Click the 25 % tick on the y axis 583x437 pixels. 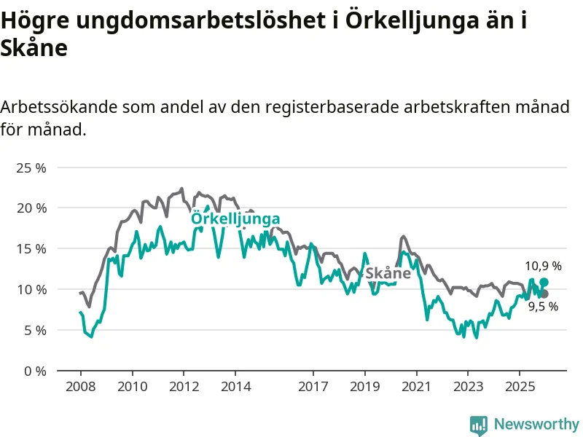[x=31, y=168]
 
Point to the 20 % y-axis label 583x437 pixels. [x=31, y=208]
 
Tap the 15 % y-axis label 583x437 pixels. [x=31, y=248]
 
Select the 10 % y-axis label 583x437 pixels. [x=31, y=289]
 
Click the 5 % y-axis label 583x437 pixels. [x=34, y=330]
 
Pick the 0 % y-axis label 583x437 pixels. [x=34, y=371]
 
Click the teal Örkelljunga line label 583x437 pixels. [x=235, y=219]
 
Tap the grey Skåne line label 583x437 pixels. [x=388, y=274]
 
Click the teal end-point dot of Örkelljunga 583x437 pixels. [x=544, y=282]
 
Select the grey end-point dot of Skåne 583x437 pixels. [x=544, y=294]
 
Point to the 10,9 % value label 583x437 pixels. [x=543, y=267]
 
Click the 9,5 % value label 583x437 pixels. [x=543, y=307]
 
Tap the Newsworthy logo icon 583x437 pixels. [x=479, y=425]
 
